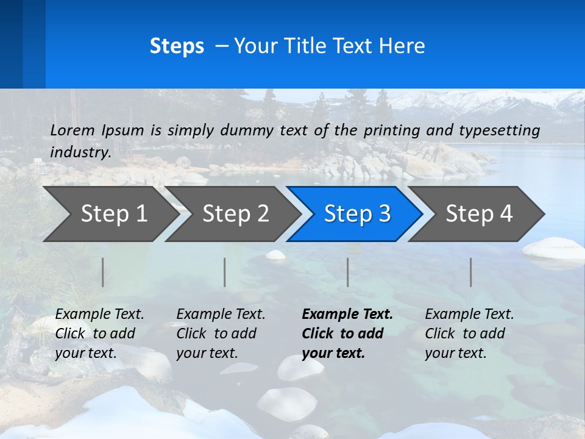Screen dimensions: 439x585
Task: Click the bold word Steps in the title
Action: [x=177, y=46]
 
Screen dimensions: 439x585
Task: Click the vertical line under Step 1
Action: [x=103, y=272]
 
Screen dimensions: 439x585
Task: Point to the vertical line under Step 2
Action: [x=225, y=272]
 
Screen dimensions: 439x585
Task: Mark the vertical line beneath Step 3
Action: [x=348, y=272]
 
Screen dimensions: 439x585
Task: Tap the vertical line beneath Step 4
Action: [x=471, y=272]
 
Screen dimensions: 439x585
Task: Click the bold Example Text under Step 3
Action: [x=347, y=333]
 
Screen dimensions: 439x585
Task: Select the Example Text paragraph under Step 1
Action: [x=99, y=333]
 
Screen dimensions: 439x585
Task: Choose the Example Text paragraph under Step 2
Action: [x=221, y=333]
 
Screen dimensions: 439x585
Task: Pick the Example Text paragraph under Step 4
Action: [x=469, y=333]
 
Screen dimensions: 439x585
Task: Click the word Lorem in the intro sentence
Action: [x=73, y=130]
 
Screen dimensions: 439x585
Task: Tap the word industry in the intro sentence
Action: [x=80, y=152]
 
